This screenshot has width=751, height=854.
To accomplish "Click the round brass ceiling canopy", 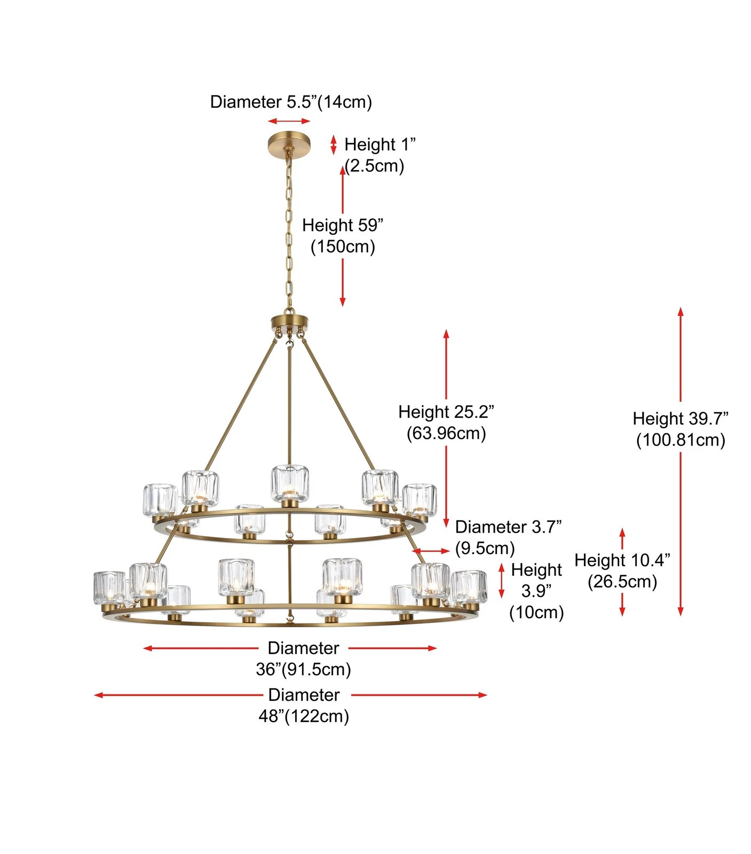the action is point(289,143).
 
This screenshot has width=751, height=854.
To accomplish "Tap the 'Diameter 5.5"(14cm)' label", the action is point(291,101).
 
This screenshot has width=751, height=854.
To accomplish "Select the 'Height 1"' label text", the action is point(380,144).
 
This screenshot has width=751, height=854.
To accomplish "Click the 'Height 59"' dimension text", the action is point(343,225).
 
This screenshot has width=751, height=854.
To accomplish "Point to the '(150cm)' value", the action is point(343,247).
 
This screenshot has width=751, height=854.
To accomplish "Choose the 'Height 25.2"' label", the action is point(446,412).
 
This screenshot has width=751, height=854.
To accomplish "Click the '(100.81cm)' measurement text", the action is point(681,440).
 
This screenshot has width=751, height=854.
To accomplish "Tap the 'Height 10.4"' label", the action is point(622,560).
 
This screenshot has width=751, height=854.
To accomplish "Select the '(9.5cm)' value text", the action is point(485,548).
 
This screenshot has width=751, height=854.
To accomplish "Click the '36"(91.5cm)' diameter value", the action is point(303,669).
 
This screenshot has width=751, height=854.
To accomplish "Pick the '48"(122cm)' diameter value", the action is point(303,716).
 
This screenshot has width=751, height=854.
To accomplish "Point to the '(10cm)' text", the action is point(536,612).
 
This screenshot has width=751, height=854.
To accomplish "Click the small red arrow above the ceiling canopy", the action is point(289,122).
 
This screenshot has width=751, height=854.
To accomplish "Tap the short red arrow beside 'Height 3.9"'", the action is point(501,580).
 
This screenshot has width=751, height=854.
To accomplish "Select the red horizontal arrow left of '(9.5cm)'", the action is point(431,551).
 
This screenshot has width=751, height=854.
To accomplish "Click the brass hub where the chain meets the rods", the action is point(289,322).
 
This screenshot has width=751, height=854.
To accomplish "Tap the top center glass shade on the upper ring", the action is point(289,484).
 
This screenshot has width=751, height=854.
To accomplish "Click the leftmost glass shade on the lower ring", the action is point(109,587).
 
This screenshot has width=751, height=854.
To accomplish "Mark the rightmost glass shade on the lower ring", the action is point(469,587).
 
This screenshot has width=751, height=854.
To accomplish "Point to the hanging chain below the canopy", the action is point(289,230).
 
